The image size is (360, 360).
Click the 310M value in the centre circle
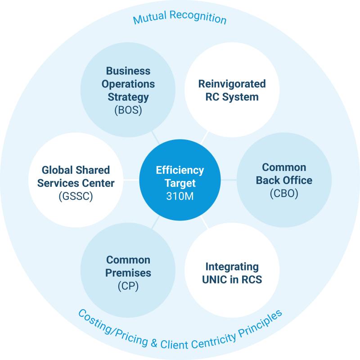tap(180, 197)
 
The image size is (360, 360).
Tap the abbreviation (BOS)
tap(128, 109)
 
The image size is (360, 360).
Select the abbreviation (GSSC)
tap(76, 196)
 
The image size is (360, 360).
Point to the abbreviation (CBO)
tap(284, 193)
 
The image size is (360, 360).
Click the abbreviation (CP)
tap(128, 285)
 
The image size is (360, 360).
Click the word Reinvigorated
tap(232, 84)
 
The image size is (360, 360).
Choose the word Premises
tap(128, 272)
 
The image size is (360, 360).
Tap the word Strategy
tap(128, 96)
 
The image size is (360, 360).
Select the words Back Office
tap(284, 180)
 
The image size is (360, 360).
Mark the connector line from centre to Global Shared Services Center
tap(130, 180)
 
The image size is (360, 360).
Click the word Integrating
tap(232, 266)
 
